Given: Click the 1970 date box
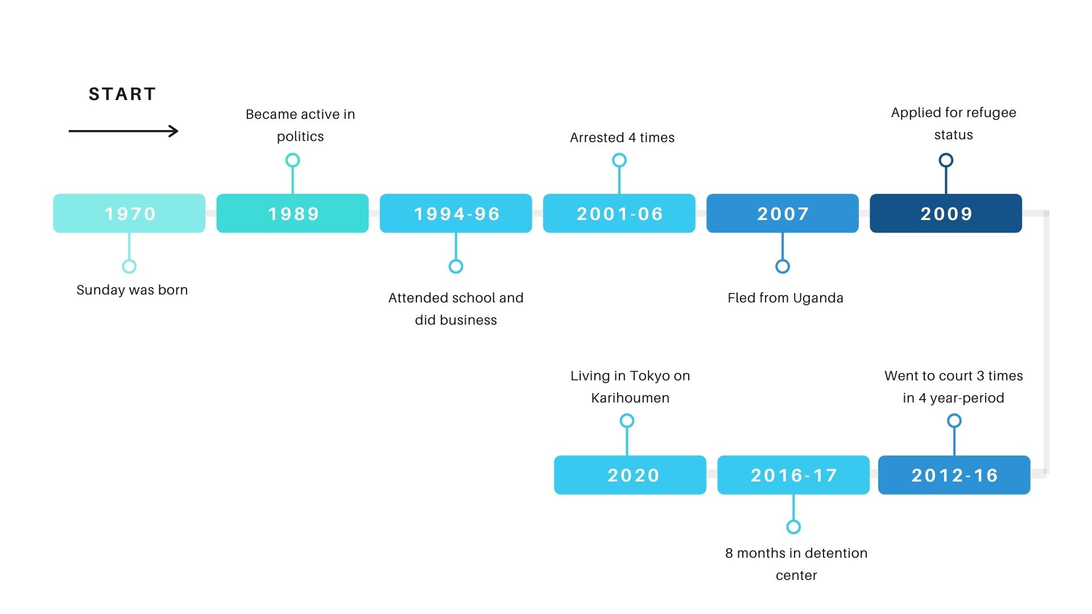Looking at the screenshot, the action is pyautogui.click(x=129, y=213).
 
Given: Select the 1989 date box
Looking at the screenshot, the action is pyautogui.click(x=292, y=213).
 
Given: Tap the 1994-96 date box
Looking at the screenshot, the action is pyautogui.click(x=456, y=213).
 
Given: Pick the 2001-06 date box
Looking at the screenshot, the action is pyautogui.click(x=619, y=213).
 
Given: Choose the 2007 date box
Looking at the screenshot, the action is pyautogui.click(x=783, y=213).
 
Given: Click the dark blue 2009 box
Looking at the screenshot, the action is pyautogui.click(x=946, y=213).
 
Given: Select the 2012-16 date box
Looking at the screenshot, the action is pyautogui.click(x=954, y=475).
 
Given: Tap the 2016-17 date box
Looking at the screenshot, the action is pyautogui.click(x=793, y=475).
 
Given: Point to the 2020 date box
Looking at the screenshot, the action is pyautogui.click(x=630, y=475).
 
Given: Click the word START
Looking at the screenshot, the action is pyautogui.click(x=122, y=94).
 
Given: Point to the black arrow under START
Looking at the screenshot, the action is pyautogui.click(x=123, y=131).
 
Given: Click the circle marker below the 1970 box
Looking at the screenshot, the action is pyautogui.click(x=129, y=266).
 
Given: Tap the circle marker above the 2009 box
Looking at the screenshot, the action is pyautogui.click(x=946, y=160).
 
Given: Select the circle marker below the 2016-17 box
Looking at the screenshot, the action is pyautogui.click(x=793, y=527).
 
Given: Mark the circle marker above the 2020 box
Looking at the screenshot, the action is pyautogui.click(x=627, y=421).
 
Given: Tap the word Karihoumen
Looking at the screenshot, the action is pyautogui.click(x=630, y=398).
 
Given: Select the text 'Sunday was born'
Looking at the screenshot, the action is pyautogui.click(x=132, y=290).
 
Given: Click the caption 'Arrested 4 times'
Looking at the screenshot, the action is pyautogui.click(x=622, y=138).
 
